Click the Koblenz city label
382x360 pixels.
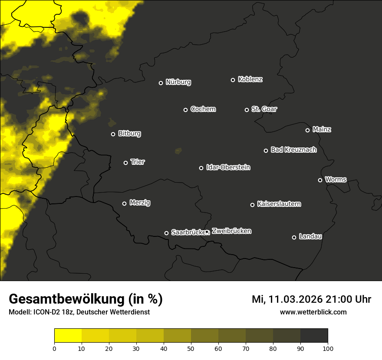coord(250,79)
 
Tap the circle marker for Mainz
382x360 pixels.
coord(307,130)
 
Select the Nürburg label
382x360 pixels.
coord(178,82)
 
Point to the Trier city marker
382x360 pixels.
coord(126,163)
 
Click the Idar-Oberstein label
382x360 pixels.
coord(228,167)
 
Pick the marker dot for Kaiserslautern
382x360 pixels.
coord(252,205)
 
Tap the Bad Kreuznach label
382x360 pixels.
coord(293,150)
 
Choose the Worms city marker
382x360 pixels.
coord(320,180)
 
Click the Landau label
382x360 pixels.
coord(310,236)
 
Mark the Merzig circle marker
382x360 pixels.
coord(124,203)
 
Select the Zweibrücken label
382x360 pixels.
coord(231,231)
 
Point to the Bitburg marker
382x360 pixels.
coord(113,134)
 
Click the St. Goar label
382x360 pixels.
coord(264,109)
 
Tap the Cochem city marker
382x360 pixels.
coord(185,110)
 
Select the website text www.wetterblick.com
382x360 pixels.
coord(313,312)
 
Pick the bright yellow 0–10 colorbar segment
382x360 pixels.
coord(68,336)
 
